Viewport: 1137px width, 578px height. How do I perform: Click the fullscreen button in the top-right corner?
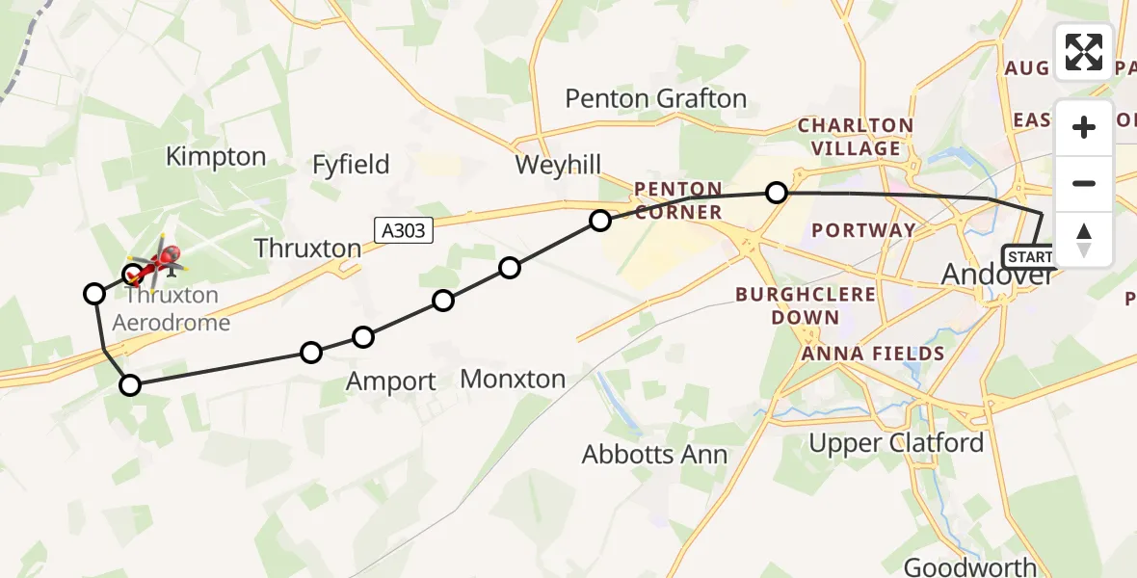1083,52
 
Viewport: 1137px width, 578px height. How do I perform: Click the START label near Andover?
1029,257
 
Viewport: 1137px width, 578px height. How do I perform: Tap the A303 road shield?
400,229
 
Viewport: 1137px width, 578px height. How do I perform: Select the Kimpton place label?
216,157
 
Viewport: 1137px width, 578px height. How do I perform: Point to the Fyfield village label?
351,165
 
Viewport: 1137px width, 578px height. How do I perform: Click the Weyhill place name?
558,165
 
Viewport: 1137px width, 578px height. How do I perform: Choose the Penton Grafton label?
655,98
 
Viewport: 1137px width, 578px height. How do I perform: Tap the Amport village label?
390,381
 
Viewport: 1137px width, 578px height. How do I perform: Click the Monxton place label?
513,379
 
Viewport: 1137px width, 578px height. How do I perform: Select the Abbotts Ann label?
654,454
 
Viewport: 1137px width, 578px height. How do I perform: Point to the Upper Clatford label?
896,443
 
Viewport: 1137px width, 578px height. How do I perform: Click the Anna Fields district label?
872,354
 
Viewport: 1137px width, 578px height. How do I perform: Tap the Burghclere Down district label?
806,305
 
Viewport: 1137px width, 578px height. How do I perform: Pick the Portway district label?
863,230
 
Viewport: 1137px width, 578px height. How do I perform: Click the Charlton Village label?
855,137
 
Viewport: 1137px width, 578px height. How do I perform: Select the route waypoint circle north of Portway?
777,194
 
